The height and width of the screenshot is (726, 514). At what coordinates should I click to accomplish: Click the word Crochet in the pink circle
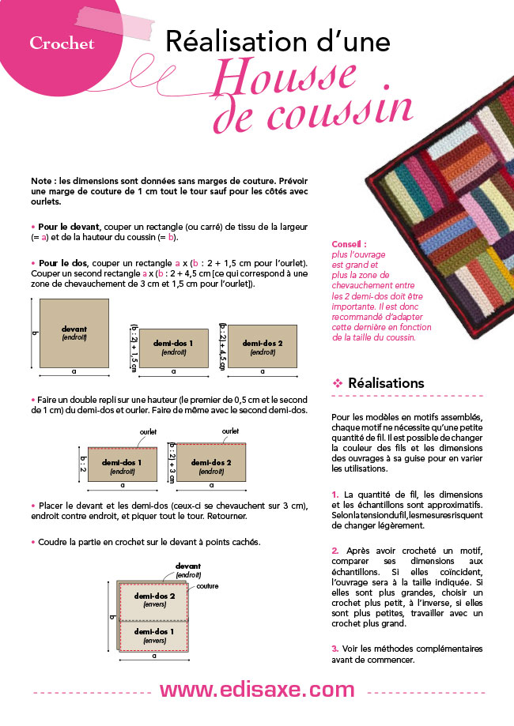coord(62,43)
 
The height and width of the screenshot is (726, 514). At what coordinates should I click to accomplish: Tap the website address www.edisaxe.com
coord(257,690)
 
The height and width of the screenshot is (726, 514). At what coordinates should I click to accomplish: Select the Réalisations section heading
coord(386,383)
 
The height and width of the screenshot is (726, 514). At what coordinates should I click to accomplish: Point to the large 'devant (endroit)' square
coord(74,333)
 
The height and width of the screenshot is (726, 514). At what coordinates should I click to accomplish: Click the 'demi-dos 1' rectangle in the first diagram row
coord(174,348)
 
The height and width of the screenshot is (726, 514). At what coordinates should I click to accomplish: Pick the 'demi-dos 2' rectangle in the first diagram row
coord(263,346)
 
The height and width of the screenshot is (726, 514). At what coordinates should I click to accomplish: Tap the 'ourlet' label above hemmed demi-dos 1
coord(149,432)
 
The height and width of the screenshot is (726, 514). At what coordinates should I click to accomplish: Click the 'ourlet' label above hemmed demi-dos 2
coord(230,431)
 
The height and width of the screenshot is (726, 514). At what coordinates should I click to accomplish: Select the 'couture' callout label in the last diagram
coord(207,586)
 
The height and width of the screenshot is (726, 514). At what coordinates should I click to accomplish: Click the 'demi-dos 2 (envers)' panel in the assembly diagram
coord(154,601)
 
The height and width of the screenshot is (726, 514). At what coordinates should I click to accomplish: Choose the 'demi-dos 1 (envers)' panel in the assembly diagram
coord(154,636)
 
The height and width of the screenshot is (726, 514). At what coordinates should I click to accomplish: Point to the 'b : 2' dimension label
coord(83,464)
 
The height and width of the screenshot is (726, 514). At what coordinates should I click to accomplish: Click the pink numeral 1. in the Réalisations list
coord(335,495)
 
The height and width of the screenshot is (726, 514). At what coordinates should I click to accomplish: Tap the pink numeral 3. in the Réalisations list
coord(335,649)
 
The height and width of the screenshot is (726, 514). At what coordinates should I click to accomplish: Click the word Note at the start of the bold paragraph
coord(41,181)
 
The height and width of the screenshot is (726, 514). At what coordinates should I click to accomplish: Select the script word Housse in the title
coord(285,77)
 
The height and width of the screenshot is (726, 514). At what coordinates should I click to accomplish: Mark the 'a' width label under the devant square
coord(74,372)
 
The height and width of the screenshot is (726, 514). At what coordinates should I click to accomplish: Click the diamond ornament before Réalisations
coord(338,383)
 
